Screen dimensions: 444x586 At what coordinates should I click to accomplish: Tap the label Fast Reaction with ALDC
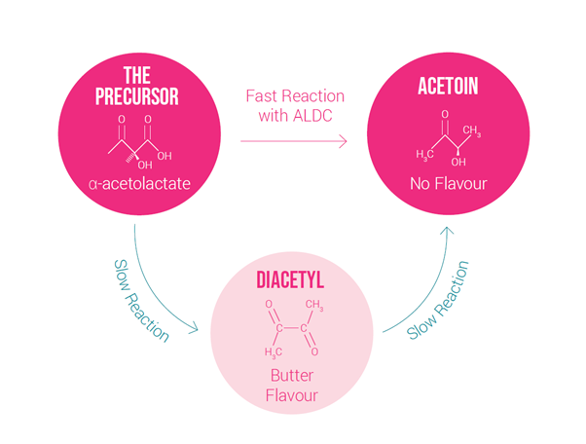[x=293, y=107]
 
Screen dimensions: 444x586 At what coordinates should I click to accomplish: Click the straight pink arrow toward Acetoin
[x=293, y=141]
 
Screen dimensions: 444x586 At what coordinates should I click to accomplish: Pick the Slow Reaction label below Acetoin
[x=438, y=301]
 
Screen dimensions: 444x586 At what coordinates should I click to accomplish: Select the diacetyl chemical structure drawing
[x=292, y=328]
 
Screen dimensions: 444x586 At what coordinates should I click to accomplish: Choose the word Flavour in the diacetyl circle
[x=291, y=395]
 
